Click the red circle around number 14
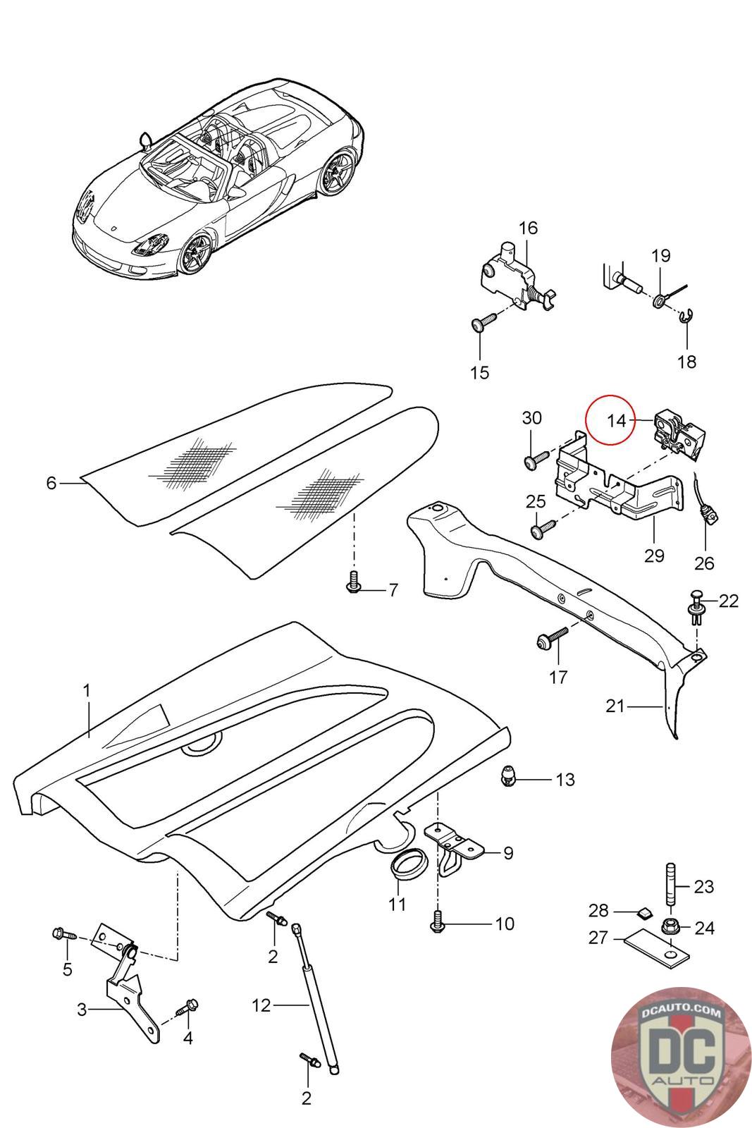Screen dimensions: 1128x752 pyautogui.click(x=610, y=419)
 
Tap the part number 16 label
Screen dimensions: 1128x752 pyautogui.click(x=528, y=228)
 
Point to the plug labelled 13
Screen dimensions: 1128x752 pyautogui.click(x=507, y=777)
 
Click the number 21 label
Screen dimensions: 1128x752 pyautogui.click(x=615, y=705)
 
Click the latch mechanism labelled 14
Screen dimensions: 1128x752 pyautogui.click(x=682, y=431)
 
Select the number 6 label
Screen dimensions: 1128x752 pyautogui.click(x=51, y=484)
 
